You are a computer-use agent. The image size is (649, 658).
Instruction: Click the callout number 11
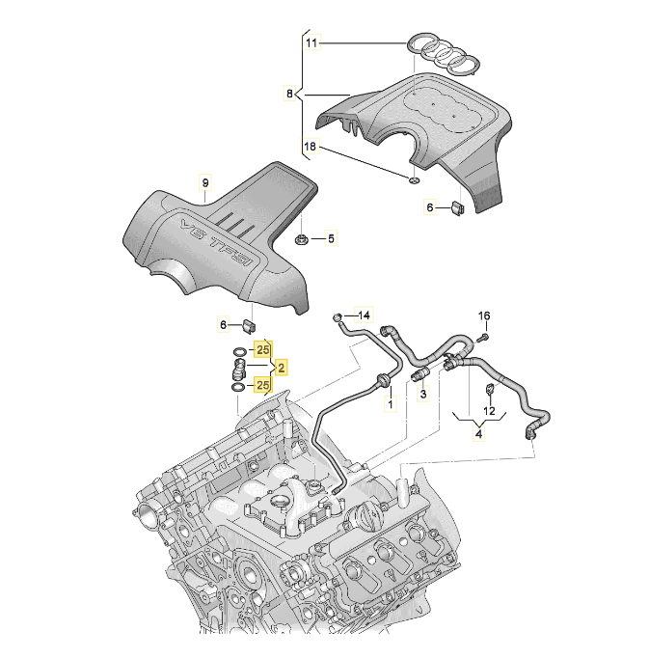tap(311, 43)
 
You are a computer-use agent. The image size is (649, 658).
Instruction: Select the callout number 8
tap(288, 94)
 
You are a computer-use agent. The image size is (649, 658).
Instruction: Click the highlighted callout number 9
tap(203, 183)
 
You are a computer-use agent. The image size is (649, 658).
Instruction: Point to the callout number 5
tap(330, 237)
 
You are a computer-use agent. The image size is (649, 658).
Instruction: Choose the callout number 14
tap(364, 315)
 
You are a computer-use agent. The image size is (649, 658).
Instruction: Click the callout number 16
tap(484, 315)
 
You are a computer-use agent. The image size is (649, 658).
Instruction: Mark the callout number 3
tap(421, 397)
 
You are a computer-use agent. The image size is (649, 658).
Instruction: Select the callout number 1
tap(391, 405)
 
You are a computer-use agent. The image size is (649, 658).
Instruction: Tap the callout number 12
tap(489, 412)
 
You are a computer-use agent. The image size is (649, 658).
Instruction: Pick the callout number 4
tap(477, 434)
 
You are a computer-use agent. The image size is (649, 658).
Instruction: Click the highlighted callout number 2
tap(281, 368)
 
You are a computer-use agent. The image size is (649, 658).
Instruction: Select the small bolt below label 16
tap(481, 337)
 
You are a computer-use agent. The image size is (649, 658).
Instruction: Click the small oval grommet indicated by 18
tap(412, 180)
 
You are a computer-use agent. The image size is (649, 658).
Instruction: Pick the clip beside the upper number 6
tap(459, 206)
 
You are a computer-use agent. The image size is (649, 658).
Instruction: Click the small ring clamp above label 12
tap(488, 389)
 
